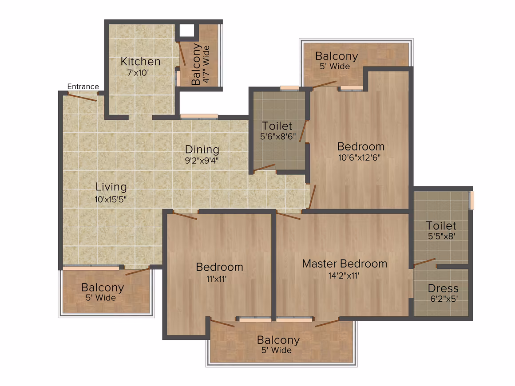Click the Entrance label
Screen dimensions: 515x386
coord(83,87)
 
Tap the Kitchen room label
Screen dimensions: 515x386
coord(141,61)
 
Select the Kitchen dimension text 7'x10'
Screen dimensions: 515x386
coord(138,72)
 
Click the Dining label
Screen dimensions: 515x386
coord(202,150)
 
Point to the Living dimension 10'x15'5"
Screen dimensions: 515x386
coord(111,199)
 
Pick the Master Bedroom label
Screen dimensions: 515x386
coord(345,264)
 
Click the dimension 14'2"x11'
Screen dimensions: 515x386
coord(344,276)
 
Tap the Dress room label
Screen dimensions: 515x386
coord(443,288)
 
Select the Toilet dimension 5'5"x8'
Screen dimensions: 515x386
coord(441,236)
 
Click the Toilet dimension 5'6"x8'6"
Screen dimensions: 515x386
coord(278,136)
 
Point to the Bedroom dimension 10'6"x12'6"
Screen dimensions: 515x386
coord(359,158)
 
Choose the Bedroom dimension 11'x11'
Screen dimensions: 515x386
coord(216,279)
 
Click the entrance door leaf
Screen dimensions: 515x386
coord(83,97)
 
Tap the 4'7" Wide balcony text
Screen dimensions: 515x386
coord(206,64)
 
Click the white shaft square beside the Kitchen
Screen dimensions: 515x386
coord(187,31)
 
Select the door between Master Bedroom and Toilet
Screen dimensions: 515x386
coord(424,262)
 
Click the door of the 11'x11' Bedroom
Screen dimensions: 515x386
coord(185,216)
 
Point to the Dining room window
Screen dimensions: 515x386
coord(199,116)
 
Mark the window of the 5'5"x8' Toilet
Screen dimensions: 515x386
coord(471,200)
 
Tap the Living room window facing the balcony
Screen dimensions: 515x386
coord(91,268)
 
